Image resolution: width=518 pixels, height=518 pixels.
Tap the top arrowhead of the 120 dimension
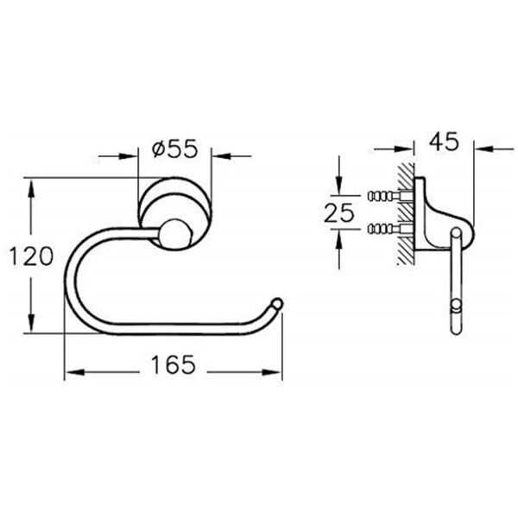point(32,186)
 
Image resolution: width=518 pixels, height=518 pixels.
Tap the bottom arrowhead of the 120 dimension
point(32,329)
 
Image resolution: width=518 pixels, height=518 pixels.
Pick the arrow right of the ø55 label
point(220,156)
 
